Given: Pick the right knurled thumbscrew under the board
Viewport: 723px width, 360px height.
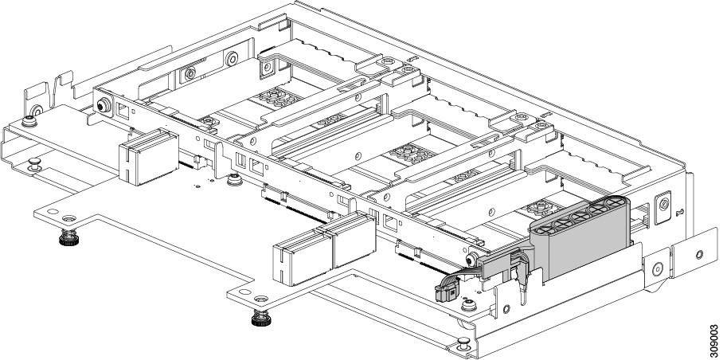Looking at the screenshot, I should (x=260, y=319).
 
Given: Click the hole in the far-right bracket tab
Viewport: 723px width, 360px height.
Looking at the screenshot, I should (x=699, y=255).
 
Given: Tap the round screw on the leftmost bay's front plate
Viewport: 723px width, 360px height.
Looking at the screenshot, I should (x=103, y=106).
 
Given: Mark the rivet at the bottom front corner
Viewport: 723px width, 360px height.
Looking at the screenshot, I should (x=463, y=345).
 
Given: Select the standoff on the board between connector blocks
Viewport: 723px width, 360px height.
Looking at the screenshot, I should (x=234, y=180).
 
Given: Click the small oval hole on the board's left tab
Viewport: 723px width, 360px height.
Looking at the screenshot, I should (x=52, y=213).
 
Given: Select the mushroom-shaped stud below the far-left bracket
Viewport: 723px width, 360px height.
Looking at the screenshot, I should (x=34, y=164).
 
